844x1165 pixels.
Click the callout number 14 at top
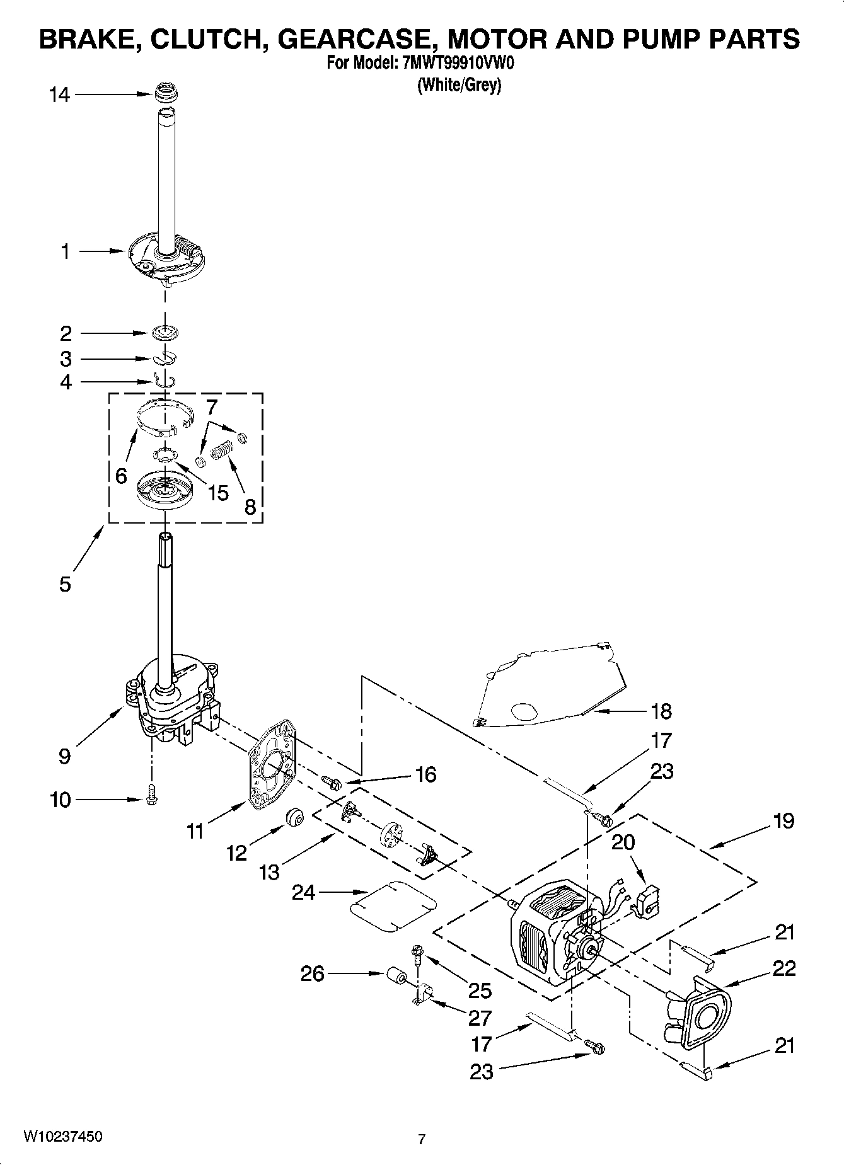coord(60,95)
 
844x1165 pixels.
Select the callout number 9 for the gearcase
coord(64,756)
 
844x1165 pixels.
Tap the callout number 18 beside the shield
coord(661,711)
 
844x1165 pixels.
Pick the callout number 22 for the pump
coord(784,968)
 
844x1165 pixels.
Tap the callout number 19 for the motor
coord(784,821)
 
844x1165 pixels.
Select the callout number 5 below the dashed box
coord(66,584)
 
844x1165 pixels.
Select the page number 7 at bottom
coord(422,1139)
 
